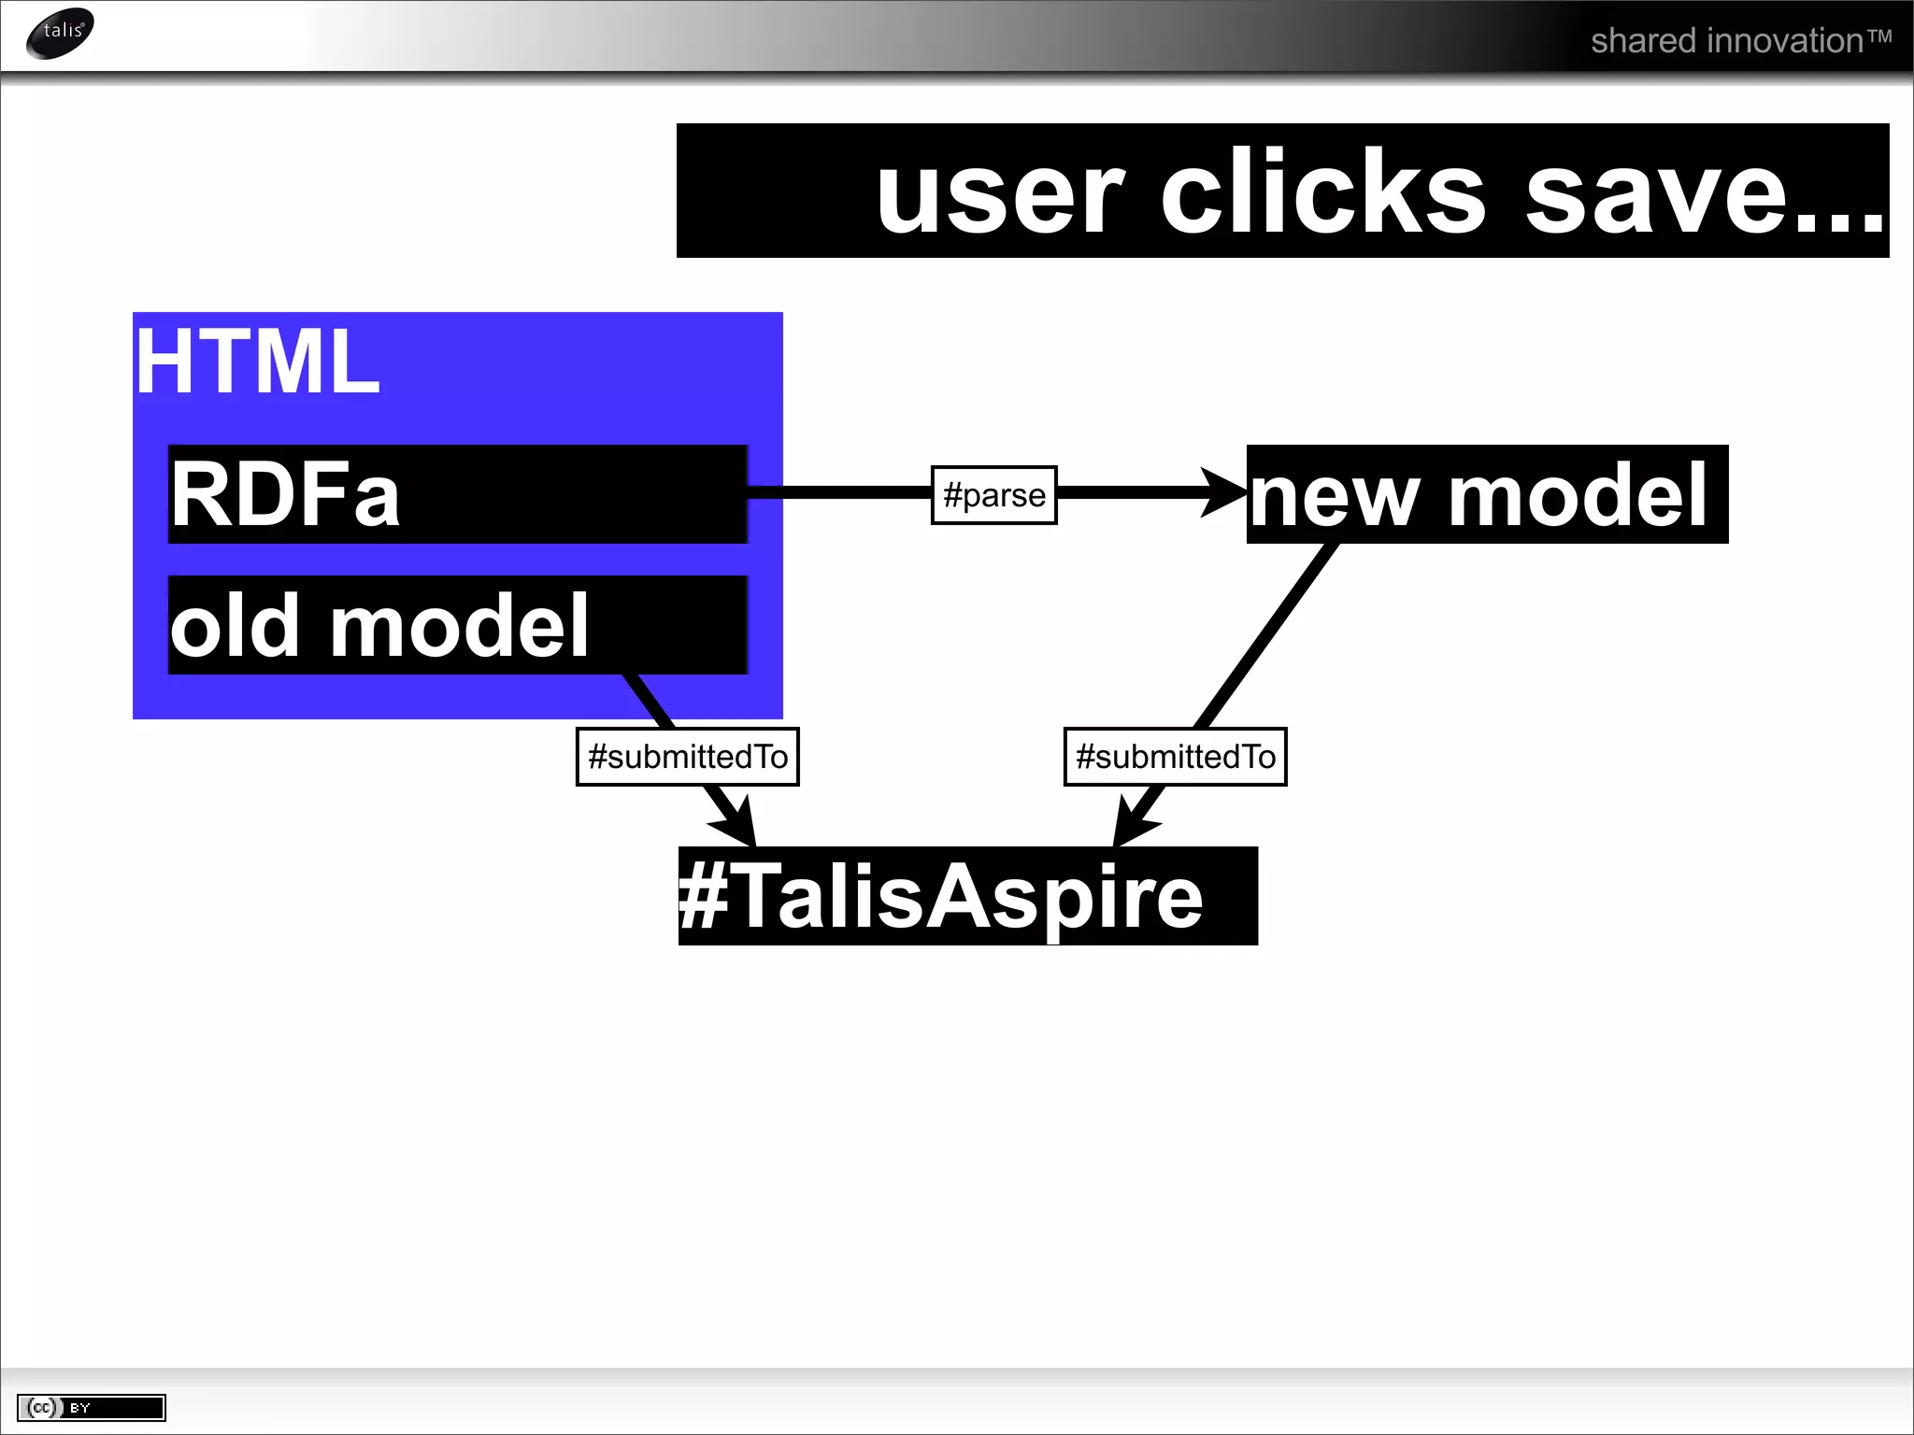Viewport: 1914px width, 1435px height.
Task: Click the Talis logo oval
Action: [61, 33]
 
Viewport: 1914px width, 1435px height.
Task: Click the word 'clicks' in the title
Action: [1322, 192]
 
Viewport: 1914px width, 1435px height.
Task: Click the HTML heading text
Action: [258, 362]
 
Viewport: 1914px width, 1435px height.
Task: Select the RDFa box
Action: [457, 494]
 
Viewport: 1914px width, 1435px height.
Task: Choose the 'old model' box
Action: [457, 625]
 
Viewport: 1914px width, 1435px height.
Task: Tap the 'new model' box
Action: [1487, 494]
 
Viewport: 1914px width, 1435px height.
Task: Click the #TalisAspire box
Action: [967, 896]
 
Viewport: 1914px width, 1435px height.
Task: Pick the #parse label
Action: [993, 494]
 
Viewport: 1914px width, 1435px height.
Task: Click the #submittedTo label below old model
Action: [687, 756]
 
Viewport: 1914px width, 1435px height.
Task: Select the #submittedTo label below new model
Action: [1175, 756]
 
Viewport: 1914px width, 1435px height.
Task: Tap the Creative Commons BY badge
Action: [91, 1407]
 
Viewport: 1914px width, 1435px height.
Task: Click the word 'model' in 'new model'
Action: [1578, 494]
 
